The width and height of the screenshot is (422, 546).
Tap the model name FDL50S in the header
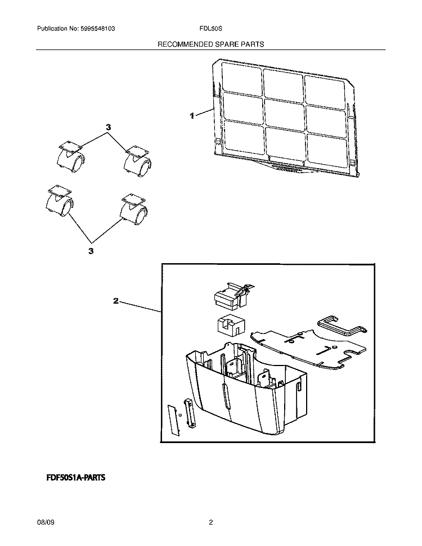[210, 29]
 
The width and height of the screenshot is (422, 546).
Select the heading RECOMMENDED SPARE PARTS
[211, 44]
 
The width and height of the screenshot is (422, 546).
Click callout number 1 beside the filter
[192, 116]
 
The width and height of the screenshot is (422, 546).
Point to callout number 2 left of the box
[116, 300]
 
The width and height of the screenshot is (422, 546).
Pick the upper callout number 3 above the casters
[109, 128]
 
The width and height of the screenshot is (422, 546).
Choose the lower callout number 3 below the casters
[91, 251]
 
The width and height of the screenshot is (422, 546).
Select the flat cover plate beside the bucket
[308, 349]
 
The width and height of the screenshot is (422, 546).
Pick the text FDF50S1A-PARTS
[75, 477]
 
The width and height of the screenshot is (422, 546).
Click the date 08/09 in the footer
[46, 522]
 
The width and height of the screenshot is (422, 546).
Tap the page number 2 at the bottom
[211, 522]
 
